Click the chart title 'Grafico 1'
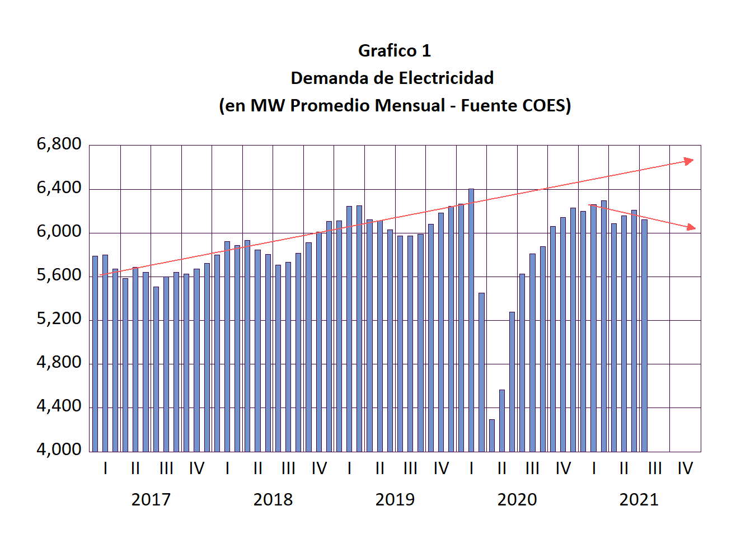(x=395, y=51)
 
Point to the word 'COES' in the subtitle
(x=546, y=106)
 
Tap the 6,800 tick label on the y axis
(x=59, y=144)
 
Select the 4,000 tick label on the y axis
(x=59, y=449)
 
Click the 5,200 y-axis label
(x=59, y=319)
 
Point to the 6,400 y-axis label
(x=59, y=188)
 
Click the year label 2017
(x=151, y=499)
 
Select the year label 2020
(x=517, y=499)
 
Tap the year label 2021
(x=639, y=499)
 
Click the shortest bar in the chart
(x=492, y=435)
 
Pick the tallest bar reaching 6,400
(x=471, y=319)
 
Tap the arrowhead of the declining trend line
(x=691, y=227)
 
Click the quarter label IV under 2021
(x=685, y=468)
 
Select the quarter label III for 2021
(x=654, y=468)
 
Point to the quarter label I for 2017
(x=105, y=468)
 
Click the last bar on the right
(x=644, y=336)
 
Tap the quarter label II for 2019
(x=379, y=468)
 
